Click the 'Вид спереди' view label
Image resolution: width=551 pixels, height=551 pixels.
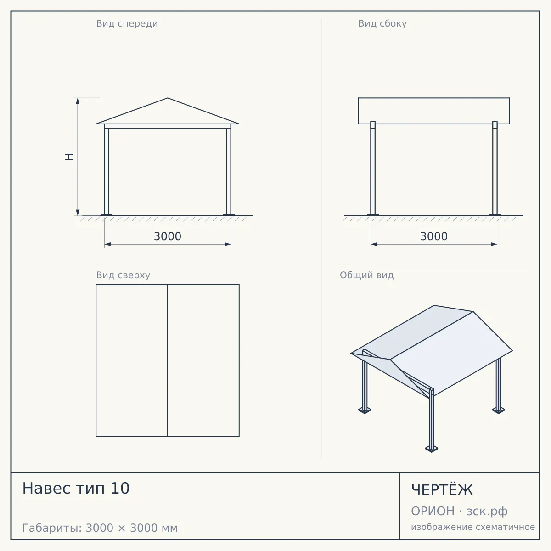127,23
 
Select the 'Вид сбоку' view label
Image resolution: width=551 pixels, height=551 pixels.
382,23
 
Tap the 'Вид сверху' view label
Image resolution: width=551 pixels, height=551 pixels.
123,275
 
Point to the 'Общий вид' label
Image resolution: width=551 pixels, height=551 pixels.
366,275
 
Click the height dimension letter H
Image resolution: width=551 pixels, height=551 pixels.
69,157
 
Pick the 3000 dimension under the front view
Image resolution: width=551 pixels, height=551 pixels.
168,236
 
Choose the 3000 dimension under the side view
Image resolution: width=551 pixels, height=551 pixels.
434,236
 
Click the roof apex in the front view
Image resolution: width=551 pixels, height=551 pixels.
168,98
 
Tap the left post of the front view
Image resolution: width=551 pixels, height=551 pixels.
107,172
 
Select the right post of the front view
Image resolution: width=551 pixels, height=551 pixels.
229,172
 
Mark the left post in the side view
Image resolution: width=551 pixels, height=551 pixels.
373,168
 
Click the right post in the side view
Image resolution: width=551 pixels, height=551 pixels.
495,168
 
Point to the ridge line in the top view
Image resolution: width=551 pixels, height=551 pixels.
168,360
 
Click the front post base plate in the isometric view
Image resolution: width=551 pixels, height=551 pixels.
432,450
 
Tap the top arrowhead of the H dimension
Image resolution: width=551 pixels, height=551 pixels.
78,101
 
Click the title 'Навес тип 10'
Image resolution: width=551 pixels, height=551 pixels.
76,488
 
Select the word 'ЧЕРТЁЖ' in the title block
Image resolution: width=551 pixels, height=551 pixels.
442,490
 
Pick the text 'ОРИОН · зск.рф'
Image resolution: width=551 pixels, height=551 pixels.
459,511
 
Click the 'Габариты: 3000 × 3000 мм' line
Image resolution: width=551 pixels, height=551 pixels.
100,528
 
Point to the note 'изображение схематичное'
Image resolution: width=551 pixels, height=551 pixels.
473,527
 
